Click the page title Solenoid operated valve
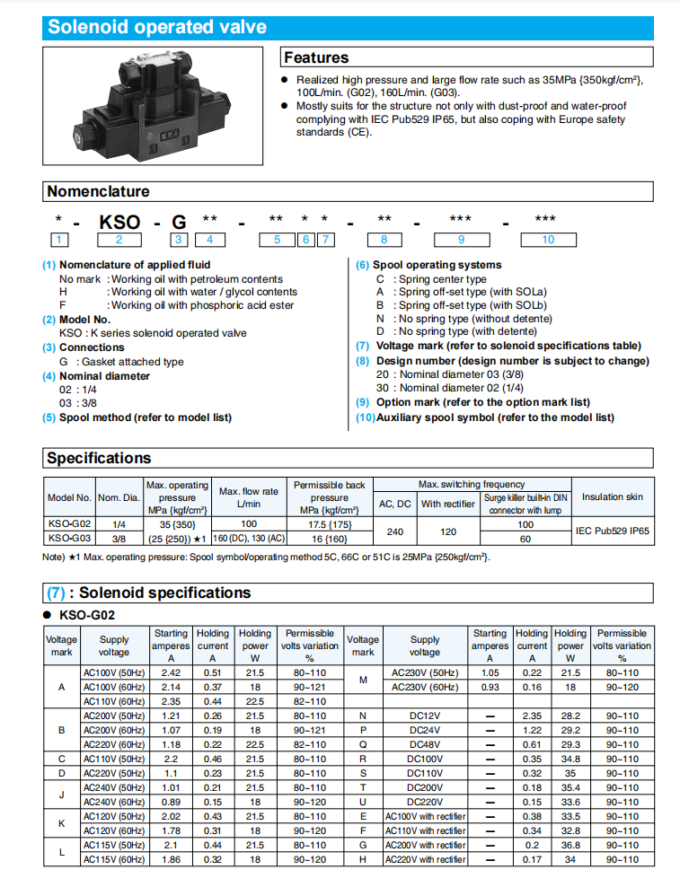tap(157, 27)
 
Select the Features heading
tap(316, 57)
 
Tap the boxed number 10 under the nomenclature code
tap(548, 239)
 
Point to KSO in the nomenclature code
tap(119, 221)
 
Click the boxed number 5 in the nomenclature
tap(278, 239)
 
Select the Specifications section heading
tap(99, 458)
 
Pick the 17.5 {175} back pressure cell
tap(329, 524)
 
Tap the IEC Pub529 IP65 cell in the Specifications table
tap(613, 531)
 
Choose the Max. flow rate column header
tap(249, 497)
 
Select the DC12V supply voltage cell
tap(424, 716)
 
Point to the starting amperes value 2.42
tap(171, 672)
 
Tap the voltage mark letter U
tap(363, 802)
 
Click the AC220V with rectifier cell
tap(425, 859)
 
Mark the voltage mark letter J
tap(62, 795)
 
